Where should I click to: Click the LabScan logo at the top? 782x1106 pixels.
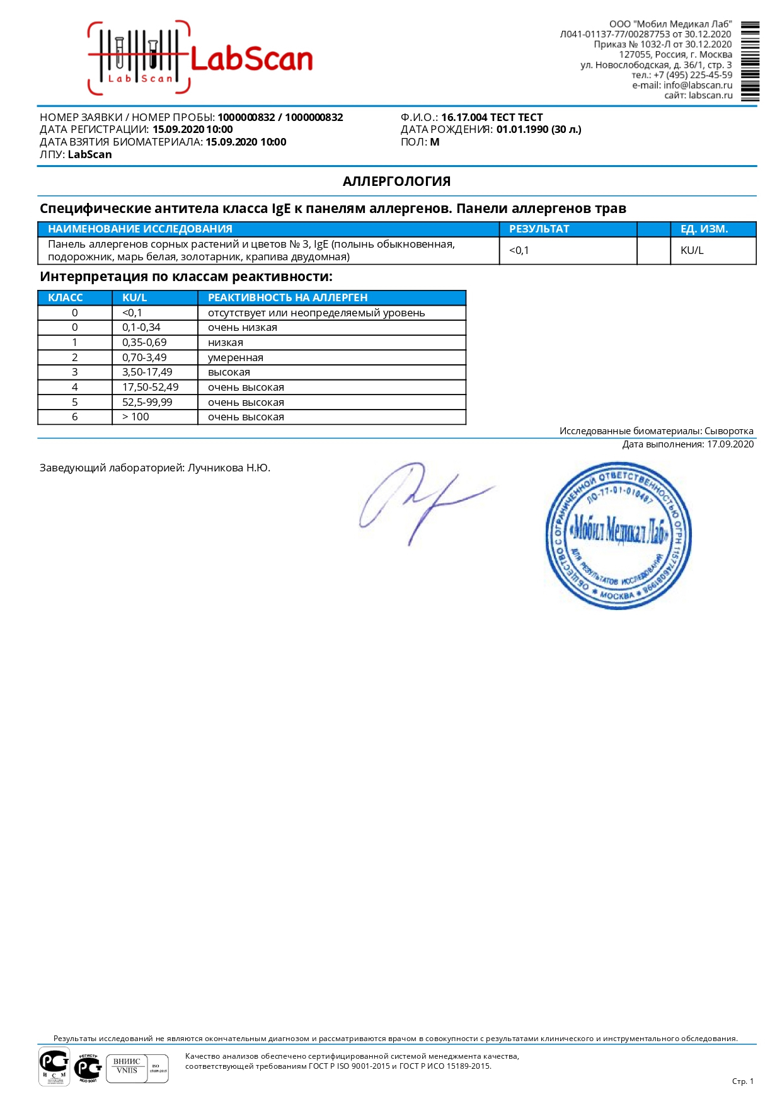pyautogui.click(x=200, y=59)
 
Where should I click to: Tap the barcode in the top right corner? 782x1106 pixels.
pyautogui.click(x=750, y=61)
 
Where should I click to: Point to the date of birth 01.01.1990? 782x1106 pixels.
pyautogui.click(x=522, y=129)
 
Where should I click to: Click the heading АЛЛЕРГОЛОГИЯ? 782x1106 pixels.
pyautogui.click(x=396, y=181)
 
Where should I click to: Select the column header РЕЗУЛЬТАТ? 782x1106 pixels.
pyautogui.click(x=539, y=229)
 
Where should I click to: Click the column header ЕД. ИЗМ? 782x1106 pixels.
pyautogui.click(x=704, y=229)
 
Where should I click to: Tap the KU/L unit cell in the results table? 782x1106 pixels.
pyautogui.click(x=692, y=250)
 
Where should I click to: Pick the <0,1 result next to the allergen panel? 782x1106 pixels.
pyautogui.click(x=519, y=250)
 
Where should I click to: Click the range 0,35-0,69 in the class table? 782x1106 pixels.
pyautogui.click(x=144, y=342)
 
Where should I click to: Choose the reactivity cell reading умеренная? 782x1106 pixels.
pyautogui.click(x=236, y=357)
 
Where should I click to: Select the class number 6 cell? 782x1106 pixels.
pyautogui.click(x=75, y=417)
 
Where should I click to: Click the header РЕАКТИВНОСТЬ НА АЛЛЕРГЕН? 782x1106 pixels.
pyautogui.click(x=287, y=297)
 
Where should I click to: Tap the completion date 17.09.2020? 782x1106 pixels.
pyautogui.click(x=730, y=444)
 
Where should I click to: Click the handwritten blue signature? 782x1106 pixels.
pyautogui.click(x=422, y=501)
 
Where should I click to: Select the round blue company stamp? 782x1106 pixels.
pyautogui.click(x=618, y=536)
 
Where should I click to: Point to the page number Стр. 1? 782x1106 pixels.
pyautogui.click(x=742, y=1081)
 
